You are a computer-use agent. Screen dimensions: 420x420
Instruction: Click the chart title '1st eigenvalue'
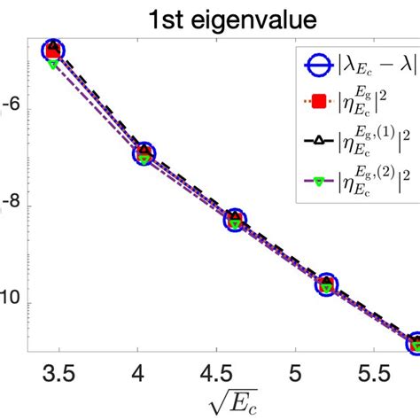(x=210, y=16)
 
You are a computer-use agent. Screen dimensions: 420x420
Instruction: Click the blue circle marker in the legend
(x=315, y=64)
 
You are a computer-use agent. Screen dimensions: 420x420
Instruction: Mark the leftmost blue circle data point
(x=53, y=50)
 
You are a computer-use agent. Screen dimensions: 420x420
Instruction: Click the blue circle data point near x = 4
(x=144, y=154)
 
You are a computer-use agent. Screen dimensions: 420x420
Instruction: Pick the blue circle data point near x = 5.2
(x=326, y=284)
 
